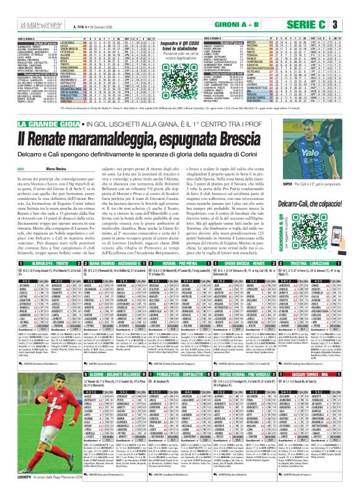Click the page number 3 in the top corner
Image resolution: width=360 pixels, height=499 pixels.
tap(352, 25)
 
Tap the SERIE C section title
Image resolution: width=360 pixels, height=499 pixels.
tap(325, 25)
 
